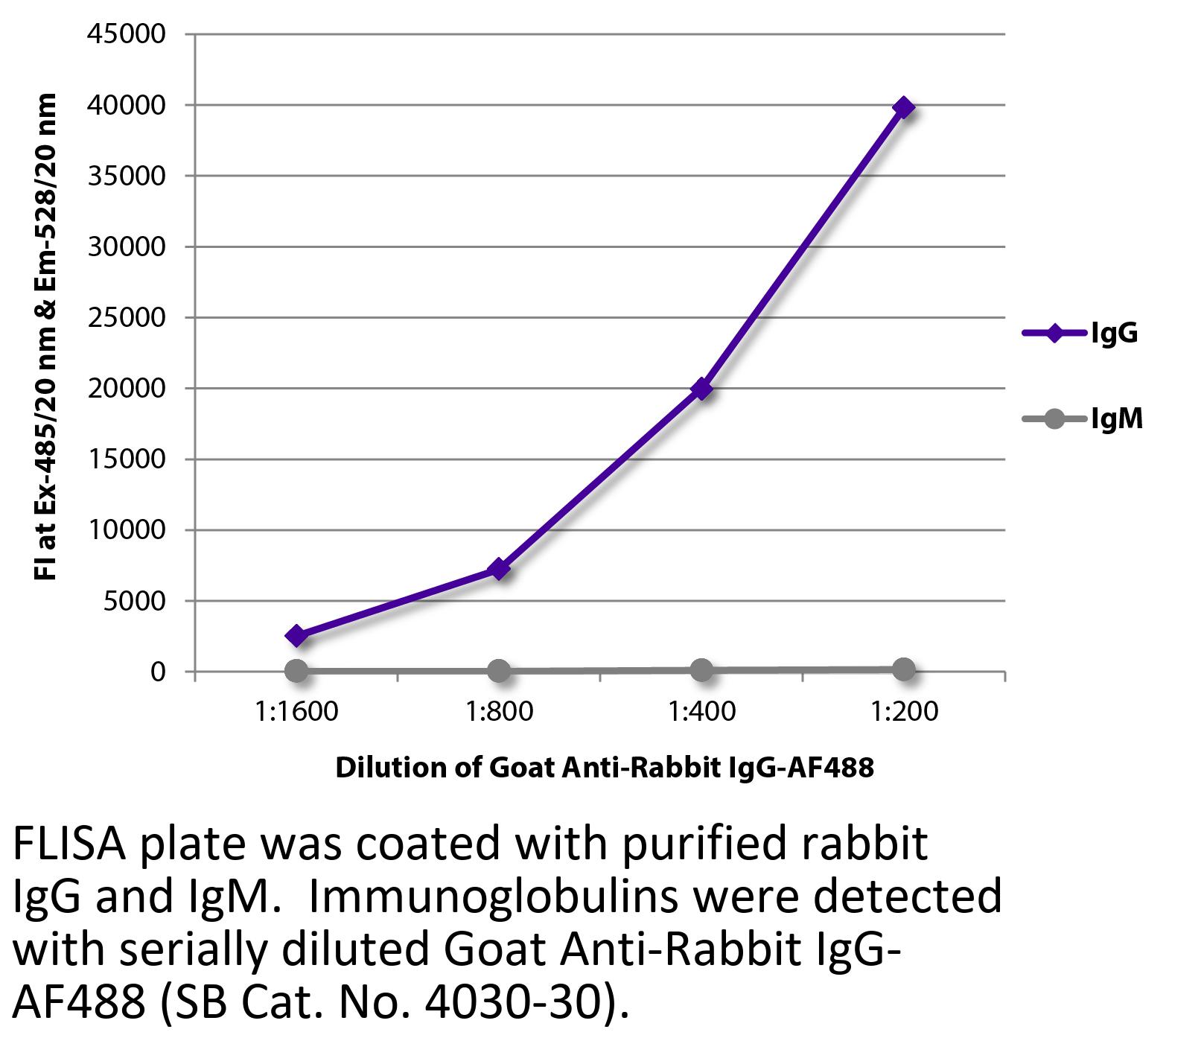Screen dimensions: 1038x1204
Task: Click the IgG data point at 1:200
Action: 903,108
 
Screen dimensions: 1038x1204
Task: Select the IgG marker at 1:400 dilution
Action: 701,389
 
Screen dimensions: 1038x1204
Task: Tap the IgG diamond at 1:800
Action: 499,570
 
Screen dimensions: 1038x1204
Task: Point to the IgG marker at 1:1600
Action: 296,636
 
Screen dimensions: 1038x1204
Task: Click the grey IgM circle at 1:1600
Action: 296,671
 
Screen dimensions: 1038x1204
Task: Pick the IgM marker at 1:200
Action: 903,669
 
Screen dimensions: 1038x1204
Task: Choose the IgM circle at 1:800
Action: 499,671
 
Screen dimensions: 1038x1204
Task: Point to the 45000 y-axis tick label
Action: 126,34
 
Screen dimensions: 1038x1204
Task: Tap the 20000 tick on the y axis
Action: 126,388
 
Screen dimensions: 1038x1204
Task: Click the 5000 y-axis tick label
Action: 133,601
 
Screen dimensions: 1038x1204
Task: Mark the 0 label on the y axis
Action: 157,672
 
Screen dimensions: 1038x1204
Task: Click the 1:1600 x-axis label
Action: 296,712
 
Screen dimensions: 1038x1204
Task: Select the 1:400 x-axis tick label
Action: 701,712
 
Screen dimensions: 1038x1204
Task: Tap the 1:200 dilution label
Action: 903,712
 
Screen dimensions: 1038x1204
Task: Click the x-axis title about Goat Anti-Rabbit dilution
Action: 604,767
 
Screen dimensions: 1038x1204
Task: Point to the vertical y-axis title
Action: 46,337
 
